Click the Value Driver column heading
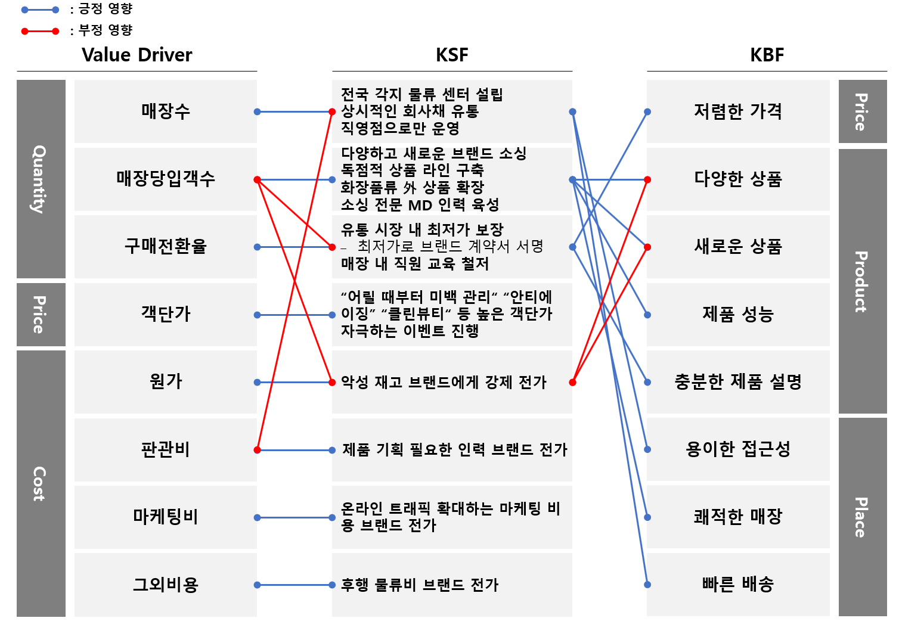137,55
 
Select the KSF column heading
452,55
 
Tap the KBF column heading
767,55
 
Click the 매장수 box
165,111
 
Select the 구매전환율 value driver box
165,246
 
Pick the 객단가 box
165,314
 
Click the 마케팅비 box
165,517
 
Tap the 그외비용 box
165,585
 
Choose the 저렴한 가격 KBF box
737,111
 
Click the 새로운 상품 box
737,246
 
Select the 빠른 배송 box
737,584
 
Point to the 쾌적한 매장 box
737,517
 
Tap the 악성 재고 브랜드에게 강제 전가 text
444,382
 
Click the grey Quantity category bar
41,179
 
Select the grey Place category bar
862,517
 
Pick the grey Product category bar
862,281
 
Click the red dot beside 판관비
257,450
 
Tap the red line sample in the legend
40,31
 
